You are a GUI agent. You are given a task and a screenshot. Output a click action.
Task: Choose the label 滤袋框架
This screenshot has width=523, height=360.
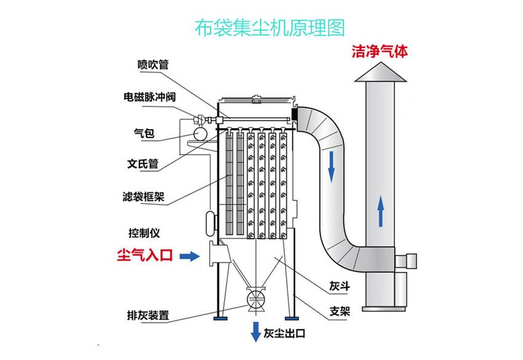pyautogui.click(x=143, y=198)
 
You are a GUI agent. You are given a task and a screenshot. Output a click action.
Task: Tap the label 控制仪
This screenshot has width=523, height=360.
pyautogui.click(x=144, y=233)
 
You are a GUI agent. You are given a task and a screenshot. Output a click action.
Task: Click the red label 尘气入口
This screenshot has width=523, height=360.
pyautogui.click(x=145, y=256)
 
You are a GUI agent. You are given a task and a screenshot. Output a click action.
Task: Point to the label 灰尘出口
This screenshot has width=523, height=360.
pyautogui.click(x=284, y=334)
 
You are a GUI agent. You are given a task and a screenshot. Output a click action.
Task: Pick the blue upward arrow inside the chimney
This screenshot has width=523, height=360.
pyautogui.click(x=381, y=210)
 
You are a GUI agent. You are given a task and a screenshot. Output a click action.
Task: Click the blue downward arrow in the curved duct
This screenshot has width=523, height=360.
pyautogui.click(x=332, y=165)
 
